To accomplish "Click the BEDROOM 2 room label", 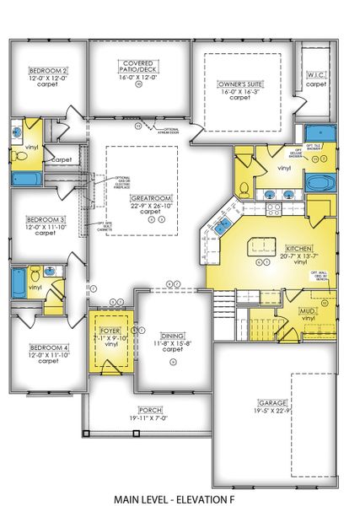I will pos(48,71).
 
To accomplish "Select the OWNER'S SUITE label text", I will pos(240,83).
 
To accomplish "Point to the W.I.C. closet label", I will pos(316,75).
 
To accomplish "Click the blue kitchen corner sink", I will pos(223,224).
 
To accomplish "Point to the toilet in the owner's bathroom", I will pos(244,187).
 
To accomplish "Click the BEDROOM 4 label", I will pos(48,348).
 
